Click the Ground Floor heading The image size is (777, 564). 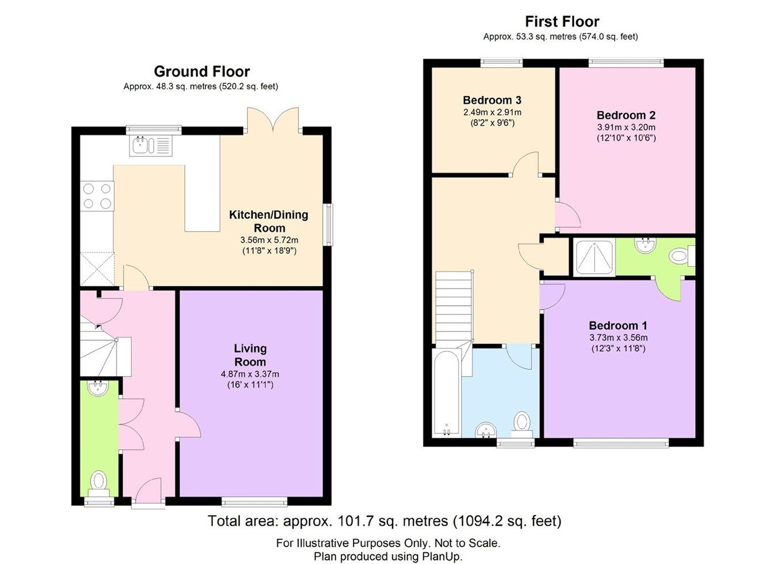coord(201,72)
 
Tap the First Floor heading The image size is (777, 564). coord(562,22)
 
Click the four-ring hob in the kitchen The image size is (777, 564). coord(97,195)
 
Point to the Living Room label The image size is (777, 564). coord(250,355)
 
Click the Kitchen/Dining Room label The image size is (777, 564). coord(268,221)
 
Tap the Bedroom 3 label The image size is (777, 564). coord(492,100)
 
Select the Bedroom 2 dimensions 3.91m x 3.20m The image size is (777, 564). coord(626,127)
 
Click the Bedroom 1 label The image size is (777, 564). coord(618,325)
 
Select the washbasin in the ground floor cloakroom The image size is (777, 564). coord(99,388)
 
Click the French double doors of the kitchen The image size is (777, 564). coord(273,121)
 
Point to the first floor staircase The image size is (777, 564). coord(454,308)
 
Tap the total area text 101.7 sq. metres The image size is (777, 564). coord(384,521)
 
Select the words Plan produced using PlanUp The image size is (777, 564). coord(388,556)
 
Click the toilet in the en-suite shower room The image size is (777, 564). coord(681,256)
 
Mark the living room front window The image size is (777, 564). coord(254,501)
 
